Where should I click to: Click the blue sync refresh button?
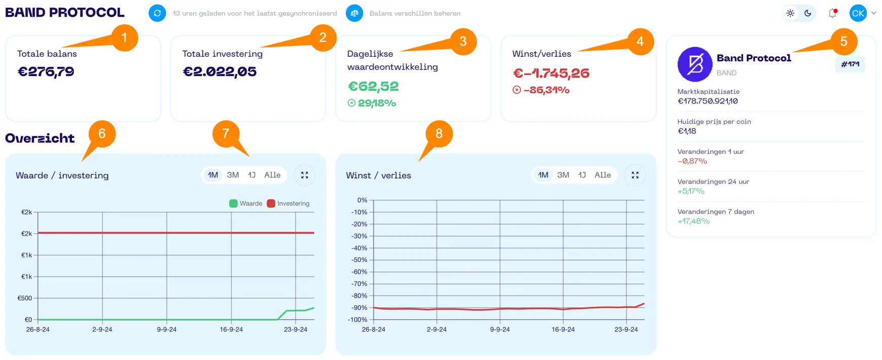[157, 13]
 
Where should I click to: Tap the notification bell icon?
[832, 14]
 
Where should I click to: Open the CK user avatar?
[858, 14]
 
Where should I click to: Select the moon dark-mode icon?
[808, 14]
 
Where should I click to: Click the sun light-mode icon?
[790, 14]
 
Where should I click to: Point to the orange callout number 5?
[843, 42]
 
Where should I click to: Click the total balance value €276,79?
[46, 71]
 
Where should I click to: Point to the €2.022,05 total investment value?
[219, 71]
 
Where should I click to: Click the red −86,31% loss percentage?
[546, 90]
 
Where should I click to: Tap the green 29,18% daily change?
[377, 103]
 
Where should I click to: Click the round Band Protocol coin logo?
[695, 64]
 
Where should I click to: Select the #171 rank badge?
[850, 64]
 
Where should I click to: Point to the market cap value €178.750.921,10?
[708, 101]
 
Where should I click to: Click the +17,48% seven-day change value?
[693, 221]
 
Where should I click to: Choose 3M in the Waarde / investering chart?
[233, 175]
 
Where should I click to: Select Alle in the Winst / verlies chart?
[603, 175]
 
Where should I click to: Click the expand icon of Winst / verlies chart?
[635, 175]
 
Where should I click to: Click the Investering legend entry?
[289, 203]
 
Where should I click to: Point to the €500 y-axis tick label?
[25, 298]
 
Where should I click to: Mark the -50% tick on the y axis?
[359, 260]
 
